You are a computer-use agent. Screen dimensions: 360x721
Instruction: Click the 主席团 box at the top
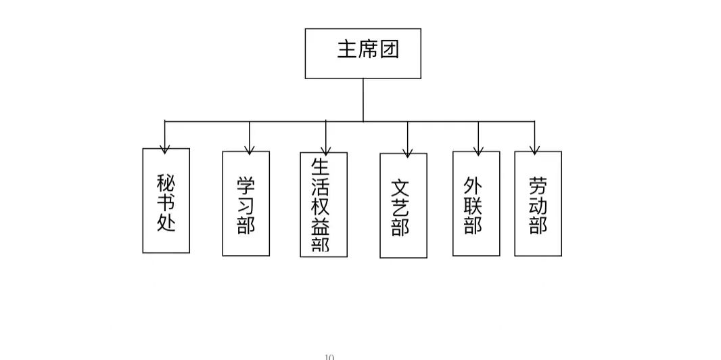click(x=363, y=53)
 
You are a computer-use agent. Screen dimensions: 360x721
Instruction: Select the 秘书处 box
click(x=166, y=201)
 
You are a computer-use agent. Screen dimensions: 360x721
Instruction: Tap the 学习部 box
click(x=246, y=203)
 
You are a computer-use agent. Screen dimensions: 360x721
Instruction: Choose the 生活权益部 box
click(x=323, y=204)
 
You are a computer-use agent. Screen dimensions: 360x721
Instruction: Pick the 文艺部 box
click(x=403, y=206)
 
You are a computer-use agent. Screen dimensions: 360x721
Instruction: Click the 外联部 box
click(x=476, y=203)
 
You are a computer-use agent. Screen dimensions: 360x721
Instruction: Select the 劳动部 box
click(x=538, y=203)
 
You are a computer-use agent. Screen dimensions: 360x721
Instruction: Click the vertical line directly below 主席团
click(x=363, y=100)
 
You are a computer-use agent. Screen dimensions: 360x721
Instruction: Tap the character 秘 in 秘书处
click(x=166, y=183)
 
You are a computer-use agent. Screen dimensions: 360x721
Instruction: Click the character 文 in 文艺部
click(x=400, y=188)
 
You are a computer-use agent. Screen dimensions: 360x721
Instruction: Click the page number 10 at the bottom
click(x=329, y=356)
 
